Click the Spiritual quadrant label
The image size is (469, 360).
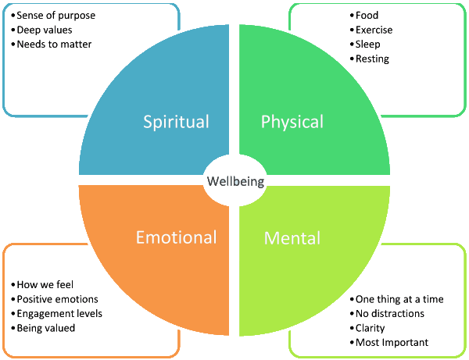point(176,122)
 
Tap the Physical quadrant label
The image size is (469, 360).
point(292,122)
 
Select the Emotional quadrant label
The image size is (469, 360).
point(176,237)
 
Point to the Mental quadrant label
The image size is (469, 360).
point(292,237)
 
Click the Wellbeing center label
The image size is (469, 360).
point(235,182)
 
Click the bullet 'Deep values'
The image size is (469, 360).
point(45,30)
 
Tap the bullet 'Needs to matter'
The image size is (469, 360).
point(53,45)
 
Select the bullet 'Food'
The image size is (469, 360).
point(367,16)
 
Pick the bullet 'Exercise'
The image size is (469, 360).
point(374,30)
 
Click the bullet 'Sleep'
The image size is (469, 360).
point(368,45)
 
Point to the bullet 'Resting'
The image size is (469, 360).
point(372,59)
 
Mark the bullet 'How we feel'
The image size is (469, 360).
point(45,285)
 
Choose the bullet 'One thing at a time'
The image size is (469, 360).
point(399,299)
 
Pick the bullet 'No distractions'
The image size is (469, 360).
point(389,314)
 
